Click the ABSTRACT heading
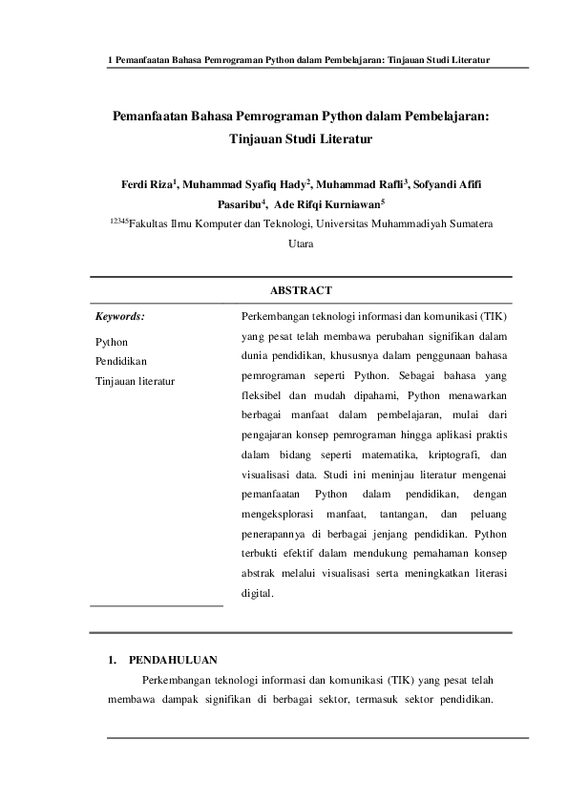[301, 290]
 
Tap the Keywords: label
[120, 314]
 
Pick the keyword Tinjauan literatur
[134, 380]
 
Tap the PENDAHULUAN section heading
[173, 659]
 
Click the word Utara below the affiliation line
[301, 243]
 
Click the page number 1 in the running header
[111, 59]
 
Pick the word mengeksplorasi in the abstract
[278, 515]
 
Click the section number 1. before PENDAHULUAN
[112, 659]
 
